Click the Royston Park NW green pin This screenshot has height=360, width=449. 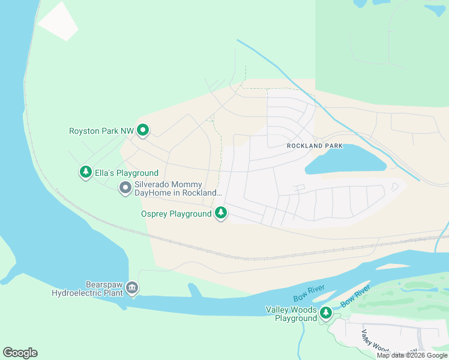(x=143, y=130)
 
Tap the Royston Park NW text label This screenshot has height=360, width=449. (x=101, y=130)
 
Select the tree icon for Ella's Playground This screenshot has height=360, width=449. (x=86, y=172)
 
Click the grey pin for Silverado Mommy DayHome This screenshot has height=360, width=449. (x=125, y=188)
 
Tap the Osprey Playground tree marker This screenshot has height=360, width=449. (x=221, y=212)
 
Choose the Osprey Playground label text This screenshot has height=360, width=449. (x=176, y=214)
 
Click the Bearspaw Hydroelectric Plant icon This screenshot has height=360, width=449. (x=133, y=289)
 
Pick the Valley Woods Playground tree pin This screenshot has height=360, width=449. (x=326, y=313)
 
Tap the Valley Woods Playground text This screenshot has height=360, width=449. (x=291, y=314)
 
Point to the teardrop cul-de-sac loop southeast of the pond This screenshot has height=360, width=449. (x=394, y=187)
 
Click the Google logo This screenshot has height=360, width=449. (x=20, y=352)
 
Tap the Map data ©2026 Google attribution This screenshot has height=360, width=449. (x=412, y=355)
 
